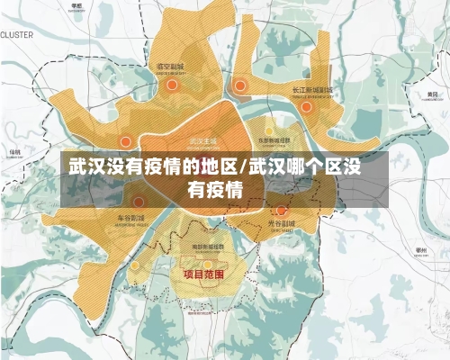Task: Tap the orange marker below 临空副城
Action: pos(171,85)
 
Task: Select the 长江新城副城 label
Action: pos(312,91)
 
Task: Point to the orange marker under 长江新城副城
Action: pos(306,106)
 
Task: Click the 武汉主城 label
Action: pos(203,141)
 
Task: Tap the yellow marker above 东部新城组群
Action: pos(268,130)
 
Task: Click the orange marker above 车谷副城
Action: pos(139,202)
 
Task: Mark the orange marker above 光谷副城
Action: pos(281,211)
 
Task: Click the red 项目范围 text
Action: pos(203,273)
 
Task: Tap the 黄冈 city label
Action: pos(433,94)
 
